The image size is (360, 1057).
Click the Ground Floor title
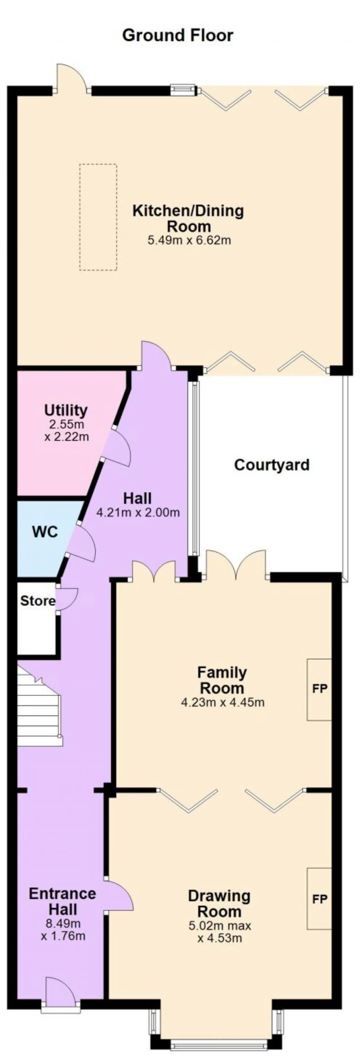click(177, 35)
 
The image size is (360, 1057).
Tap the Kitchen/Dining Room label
click(188, 218)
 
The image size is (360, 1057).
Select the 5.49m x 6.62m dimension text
click(189, 240)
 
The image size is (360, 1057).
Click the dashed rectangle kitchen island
click(98, 217)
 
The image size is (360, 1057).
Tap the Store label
click(38, 601)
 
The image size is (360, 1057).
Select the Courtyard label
click(272, 465)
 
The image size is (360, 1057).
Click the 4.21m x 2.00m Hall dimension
click(138, 512)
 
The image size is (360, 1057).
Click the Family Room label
click(222, 680)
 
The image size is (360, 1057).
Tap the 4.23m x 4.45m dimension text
click(223, 702)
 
